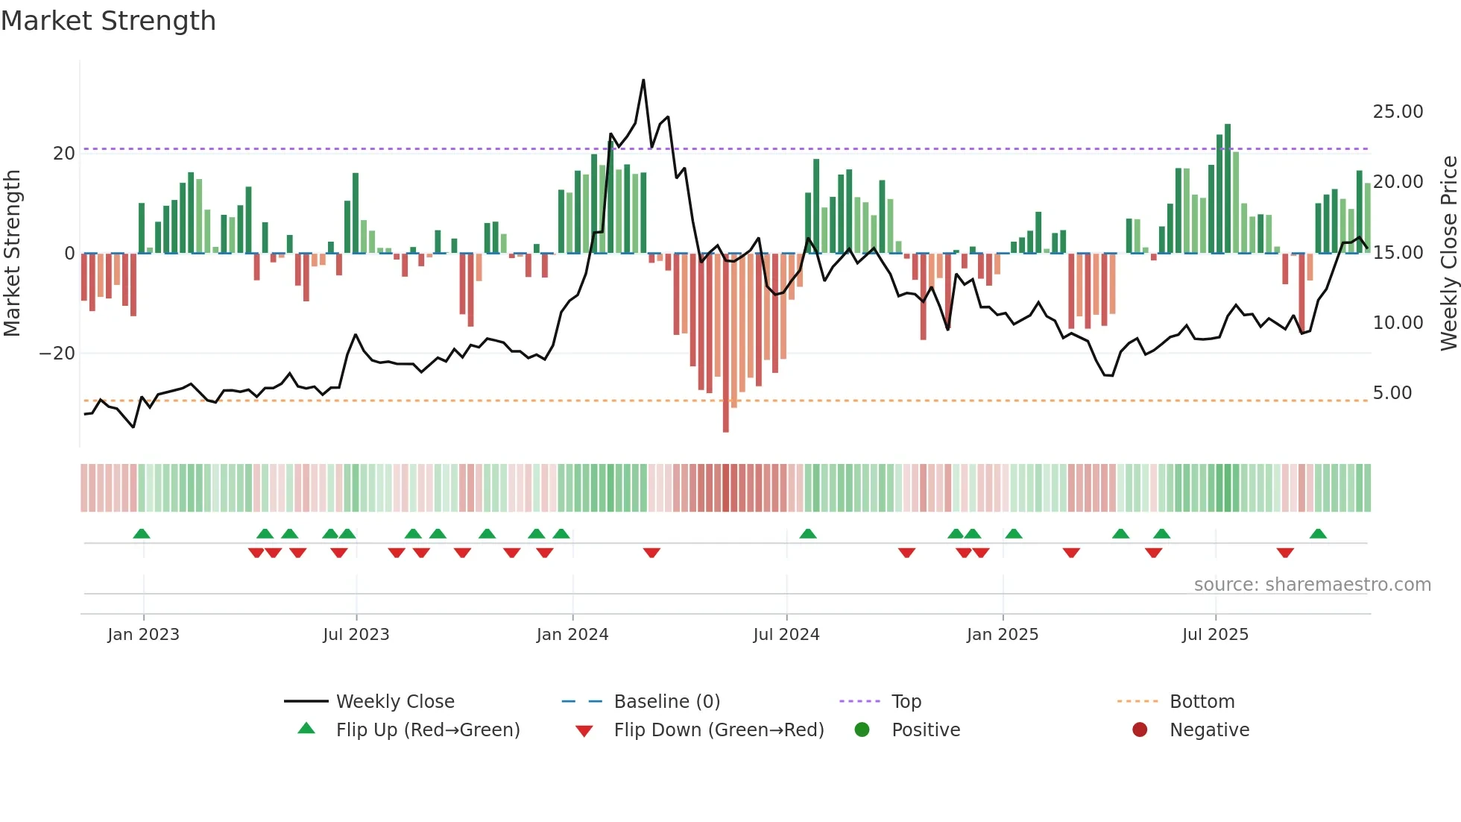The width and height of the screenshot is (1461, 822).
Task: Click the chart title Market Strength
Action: pos(108,21)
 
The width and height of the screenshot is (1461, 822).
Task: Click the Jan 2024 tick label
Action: pos(572,635)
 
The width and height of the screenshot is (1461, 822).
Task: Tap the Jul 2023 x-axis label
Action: pos(356,635)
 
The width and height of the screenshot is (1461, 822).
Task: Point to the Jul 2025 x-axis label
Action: pos(1214,635)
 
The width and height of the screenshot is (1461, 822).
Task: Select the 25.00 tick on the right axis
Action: pos(1398,112)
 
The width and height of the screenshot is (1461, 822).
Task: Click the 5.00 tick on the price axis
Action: pos(1392,393)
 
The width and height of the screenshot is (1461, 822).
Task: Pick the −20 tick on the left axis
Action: pos(57,354)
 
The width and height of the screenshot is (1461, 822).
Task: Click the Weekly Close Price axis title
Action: pos(1448,254)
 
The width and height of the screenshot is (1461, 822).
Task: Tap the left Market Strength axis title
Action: pos(13,254)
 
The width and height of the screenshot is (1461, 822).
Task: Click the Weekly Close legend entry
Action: pos(394,702)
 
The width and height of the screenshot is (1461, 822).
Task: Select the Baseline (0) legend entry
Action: pos(666,702)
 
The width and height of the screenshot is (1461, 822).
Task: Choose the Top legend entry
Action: pos(906,702)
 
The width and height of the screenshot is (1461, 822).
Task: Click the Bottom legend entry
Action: pos(1202,702)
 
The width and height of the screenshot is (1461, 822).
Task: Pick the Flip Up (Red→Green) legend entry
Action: pos(427,730)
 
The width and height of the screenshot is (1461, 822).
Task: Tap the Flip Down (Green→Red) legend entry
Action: pos(719,730)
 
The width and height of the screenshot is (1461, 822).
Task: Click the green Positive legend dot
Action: pos(862,730)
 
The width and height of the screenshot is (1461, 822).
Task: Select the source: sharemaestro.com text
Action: pos(1312,585)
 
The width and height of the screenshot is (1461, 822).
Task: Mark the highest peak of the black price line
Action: pos(643,81)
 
